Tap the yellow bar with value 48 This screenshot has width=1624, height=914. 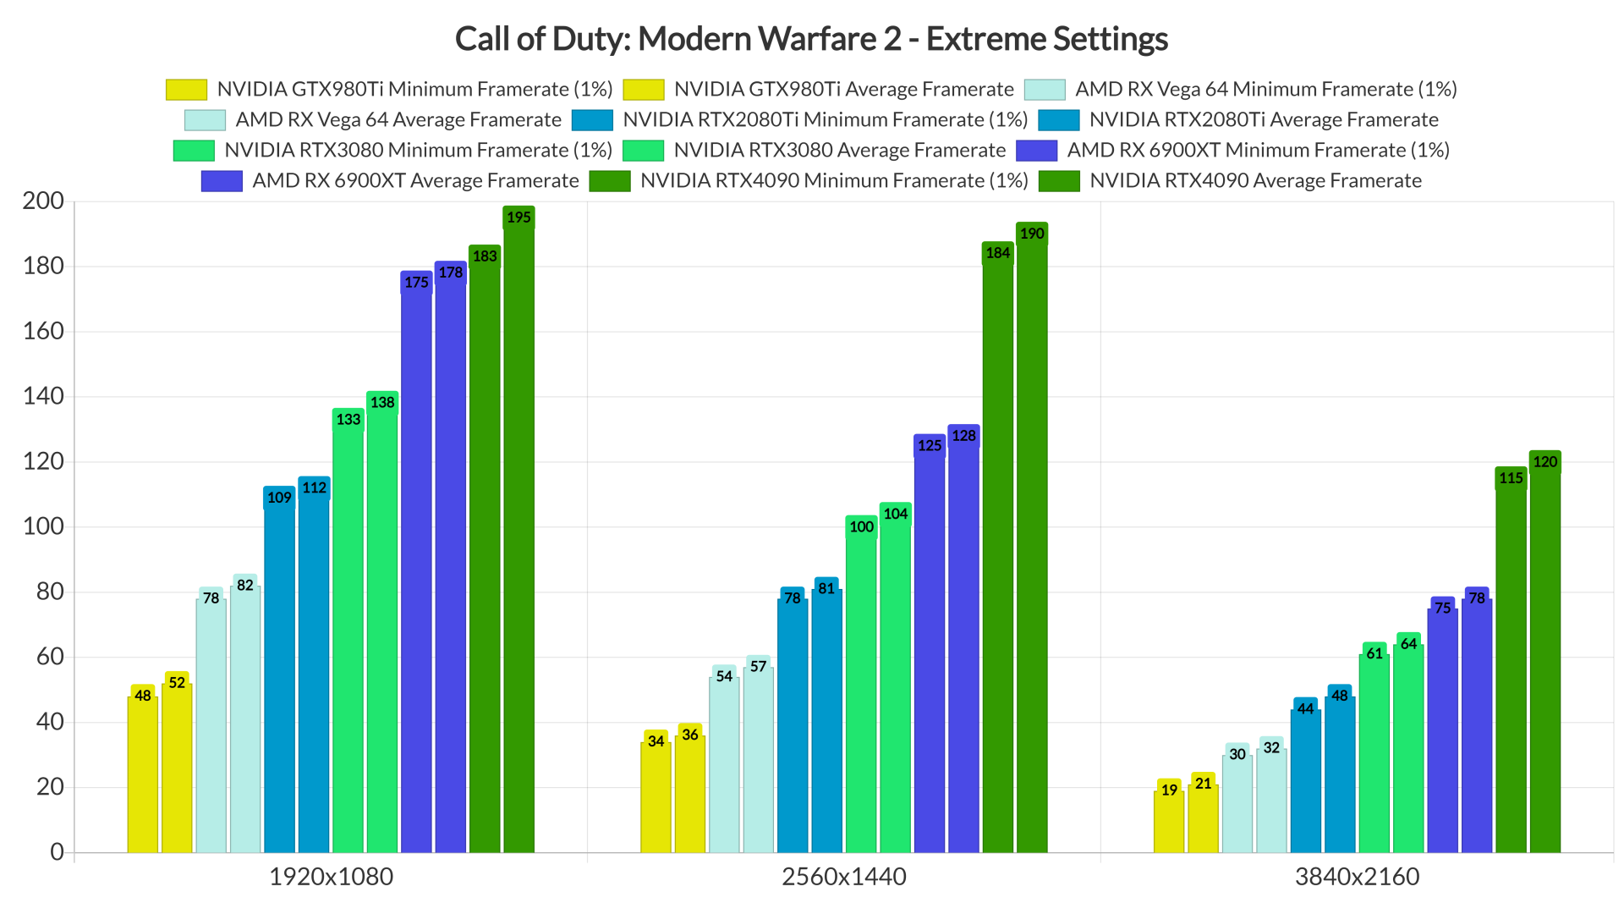click(142, 774)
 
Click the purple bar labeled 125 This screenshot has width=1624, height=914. click(929, 652)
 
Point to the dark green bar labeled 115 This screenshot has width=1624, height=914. click(1511, 669)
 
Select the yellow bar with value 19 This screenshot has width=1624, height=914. click(1168, 821)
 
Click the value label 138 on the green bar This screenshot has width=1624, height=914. click(382, 403)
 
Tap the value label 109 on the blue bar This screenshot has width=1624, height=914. click(279, 498)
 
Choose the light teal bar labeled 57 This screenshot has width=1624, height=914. click(758, 762)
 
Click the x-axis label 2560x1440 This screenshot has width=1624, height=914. click(843, 877)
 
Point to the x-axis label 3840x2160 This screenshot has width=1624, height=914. click(1357, 877)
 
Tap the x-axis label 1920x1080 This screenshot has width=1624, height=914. click(331, 877)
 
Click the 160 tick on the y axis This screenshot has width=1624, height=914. click(43, 331)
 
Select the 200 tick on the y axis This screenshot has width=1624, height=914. click(43, 201)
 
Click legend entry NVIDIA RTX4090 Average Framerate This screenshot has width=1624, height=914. click(1254, 180)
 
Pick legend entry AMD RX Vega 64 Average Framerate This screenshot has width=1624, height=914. click(398, 119)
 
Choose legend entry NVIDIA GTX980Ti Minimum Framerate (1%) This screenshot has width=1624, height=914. click(414, 89)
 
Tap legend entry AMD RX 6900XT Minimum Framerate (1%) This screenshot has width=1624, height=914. click(1258, 150)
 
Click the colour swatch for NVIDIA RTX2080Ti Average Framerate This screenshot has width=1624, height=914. click(1059, 120)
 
